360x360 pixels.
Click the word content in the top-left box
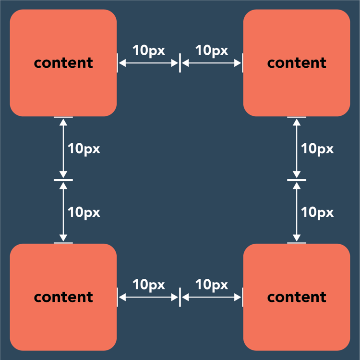63,63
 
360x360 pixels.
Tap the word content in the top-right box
297,63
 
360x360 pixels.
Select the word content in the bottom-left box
63,297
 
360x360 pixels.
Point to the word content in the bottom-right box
297,297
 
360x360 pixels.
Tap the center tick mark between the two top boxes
180,63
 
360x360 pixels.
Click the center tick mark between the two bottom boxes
180,298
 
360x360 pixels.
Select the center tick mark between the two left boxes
63,180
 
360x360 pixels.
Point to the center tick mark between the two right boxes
297,180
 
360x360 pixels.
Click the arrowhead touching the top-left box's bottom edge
63,122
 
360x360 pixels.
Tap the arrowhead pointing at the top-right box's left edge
238,63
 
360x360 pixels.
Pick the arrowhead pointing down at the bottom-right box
297,238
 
